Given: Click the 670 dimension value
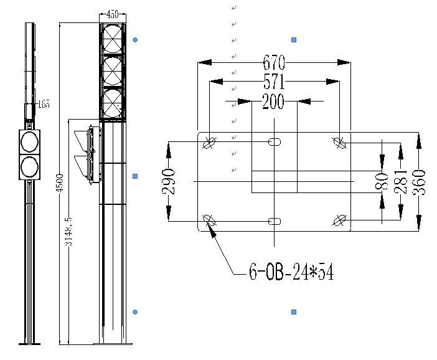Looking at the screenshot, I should click(274, 62).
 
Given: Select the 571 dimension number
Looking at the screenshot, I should click(274, 82).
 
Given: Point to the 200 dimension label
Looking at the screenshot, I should click(273, 102).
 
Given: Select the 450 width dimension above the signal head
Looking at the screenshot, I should click(113, 14).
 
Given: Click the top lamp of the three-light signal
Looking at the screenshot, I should click(113, 39).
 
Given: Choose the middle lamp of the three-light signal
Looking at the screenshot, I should click(113, 71).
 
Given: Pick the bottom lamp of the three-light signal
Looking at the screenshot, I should click(113, 103).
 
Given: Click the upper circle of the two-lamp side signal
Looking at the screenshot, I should click(29, 142).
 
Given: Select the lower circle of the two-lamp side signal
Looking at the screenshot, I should click(29, 166).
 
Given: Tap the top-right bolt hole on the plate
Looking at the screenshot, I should click(339, 142).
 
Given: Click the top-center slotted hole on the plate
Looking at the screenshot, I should click(274, 142).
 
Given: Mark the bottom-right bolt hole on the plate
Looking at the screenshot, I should click(339, 220).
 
